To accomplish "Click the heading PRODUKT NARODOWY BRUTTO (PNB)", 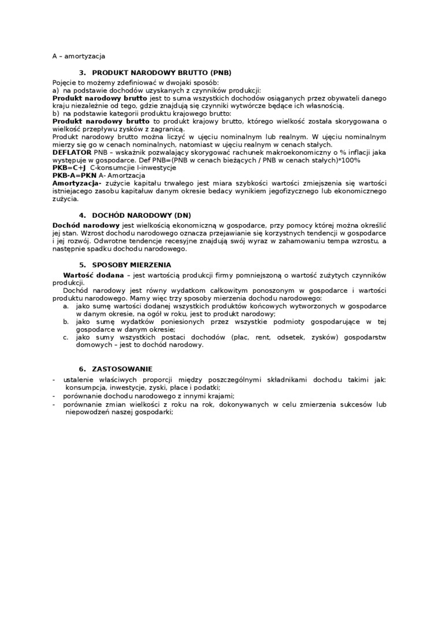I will [162, 73].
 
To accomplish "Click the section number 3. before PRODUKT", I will [82, 73].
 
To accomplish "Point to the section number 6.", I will [82, 369].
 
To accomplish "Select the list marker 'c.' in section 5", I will [66, 337].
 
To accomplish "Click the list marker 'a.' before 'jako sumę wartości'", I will [66, 306].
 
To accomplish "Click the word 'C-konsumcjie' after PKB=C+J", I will [113, 167].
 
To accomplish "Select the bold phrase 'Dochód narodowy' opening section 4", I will [86, 224].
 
